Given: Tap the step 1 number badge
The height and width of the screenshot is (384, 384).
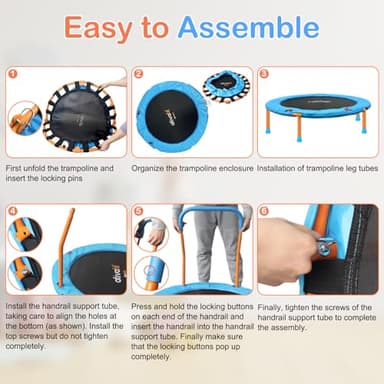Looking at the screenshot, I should pyautogui.click(x=12, y=73).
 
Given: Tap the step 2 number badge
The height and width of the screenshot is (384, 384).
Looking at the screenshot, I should pyautogui.click(x=138, y=73).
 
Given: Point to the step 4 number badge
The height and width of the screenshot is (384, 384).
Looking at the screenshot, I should pyautogui.click(x=12, y=211).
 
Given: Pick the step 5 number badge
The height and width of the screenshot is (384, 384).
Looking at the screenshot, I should pyautogui.click(x=138, y=211).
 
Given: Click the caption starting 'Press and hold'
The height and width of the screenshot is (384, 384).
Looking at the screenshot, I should pyautogui.click(x=190, y=335).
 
